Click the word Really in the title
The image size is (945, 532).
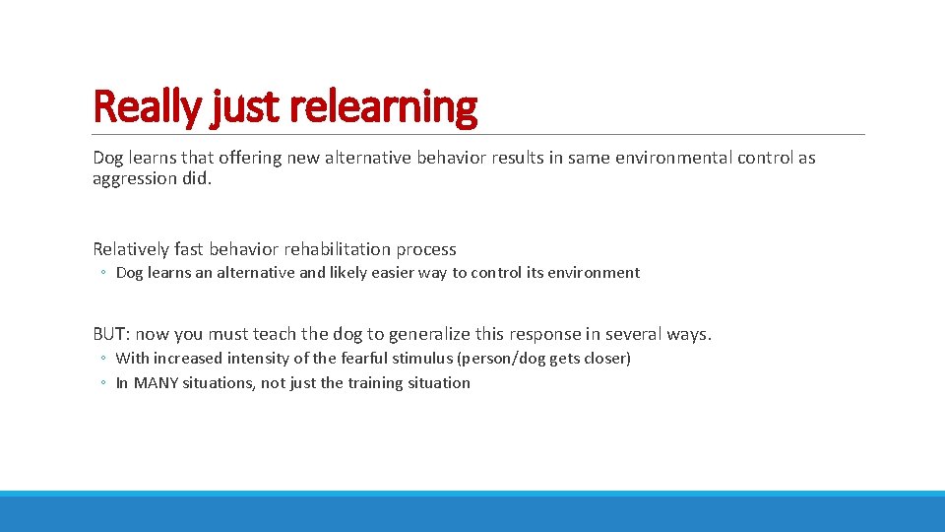pos(148,106)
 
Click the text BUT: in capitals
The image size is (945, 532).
pos(112,334)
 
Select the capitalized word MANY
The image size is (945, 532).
pos(156,383)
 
